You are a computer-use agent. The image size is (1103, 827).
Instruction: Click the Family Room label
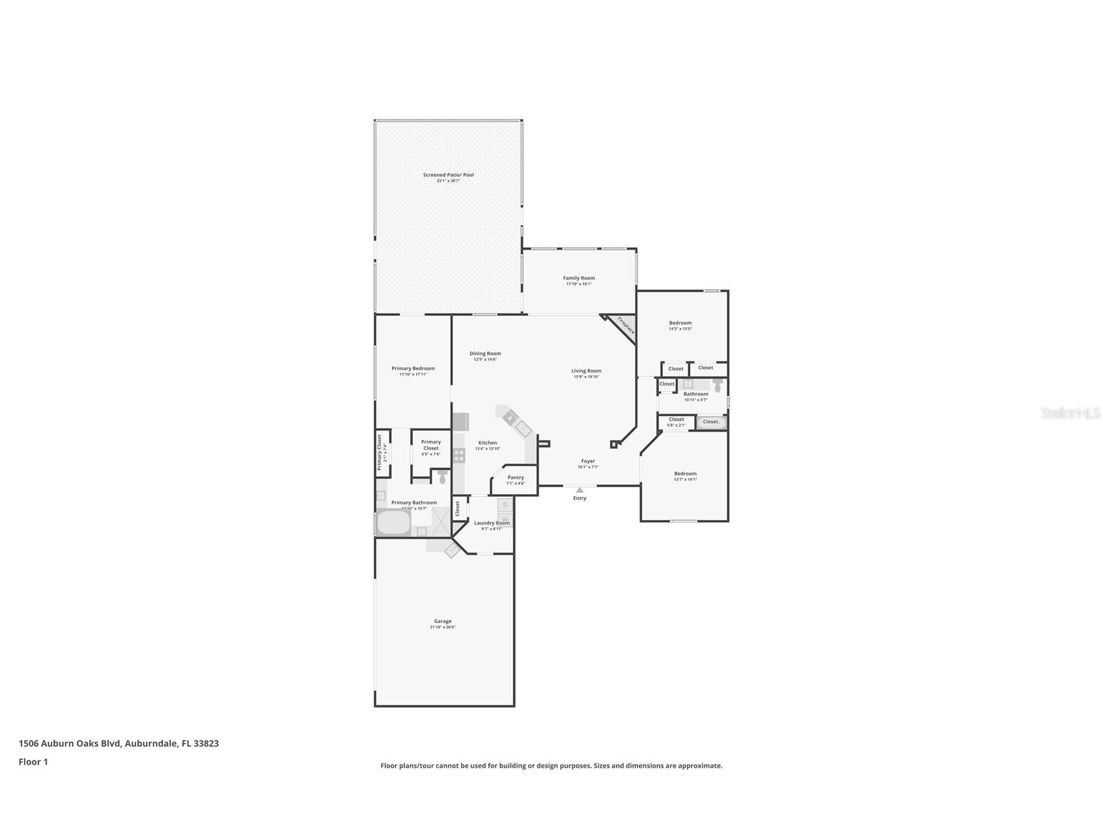(578, 278)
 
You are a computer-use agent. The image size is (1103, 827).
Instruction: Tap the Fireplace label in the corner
(625, 326)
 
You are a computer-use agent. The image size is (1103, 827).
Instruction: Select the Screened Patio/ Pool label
(448, 175)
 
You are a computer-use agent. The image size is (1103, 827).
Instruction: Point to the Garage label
(443, 622)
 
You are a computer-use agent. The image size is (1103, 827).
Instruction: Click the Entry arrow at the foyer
(579, 490)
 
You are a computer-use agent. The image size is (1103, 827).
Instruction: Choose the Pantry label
(515, 477)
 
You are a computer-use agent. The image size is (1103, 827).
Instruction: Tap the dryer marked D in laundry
(505, 505)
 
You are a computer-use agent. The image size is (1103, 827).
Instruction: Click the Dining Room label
(485, 354)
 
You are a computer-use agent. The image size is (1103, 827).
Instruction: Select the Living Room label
(586, 371)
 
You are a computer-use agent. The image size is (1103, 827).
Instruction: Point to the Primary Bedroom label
(413, 369)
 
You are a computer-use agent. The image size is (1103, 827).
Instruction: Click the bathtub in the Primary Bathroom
(393, 523)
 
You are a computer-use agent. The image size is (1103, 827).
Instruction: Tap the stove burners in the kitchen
(459, 455)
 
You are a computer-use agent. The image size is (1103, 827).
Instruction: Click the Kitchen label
(487, 443)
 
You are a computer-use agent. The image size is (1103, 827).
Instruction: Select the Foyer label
(588, 462)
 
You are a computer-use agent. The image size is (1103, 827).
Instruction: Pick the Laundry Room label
(491, 523)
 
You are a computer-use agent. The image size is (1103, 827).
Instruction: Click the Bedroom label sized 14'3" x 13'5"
(680, 323)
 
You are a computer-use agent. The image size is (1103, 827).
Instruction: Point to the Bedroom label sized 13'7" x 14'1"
(685, 474)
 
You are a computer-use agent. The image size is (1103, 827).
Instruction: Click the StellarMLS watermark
(1070, 413)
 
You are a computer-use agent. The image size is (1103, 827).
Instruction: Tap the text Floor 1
(33, 762)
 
